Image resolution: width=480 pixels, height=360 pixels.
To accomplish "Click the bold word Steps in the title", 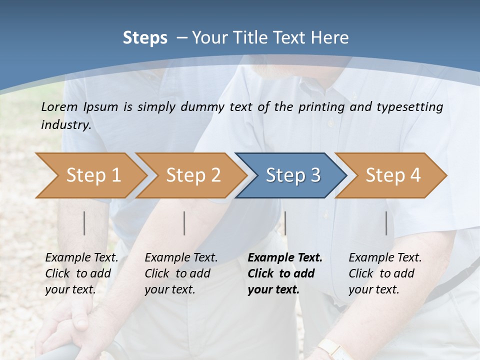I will coord(145,38).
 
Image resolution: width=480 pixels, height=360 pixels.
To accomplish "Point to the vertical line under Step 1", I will coord(84,223).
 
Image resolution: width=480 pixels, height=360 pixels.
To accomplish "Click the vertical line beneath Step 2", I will coord(184,223).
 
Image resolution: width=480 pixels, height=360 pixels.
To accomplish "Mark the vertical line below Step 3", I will coord(285,223).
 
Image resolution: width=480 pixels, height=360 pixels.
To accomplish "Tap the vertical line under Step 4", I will coord(386,223).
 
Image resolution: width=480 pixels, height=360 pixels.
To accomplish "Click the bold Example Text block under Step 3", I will coord(284,273).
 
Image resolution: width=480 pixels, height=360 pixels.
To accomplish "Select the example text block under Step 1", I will coord(81,273).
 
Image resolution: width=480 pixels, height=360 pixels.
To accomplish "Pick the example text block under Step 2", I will coord(181,273).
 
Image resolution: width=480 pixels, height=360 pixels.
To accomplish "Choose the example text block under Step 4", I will coord(385,273).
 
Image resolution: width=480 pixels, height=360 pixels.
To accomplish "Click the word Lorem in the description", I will coord(59,106).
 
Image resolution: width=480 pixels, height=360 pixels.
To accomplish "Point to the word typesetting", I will coord(414,107).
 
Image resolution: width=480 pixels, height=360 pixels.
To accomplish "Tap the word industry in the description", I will coord(65,125).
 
